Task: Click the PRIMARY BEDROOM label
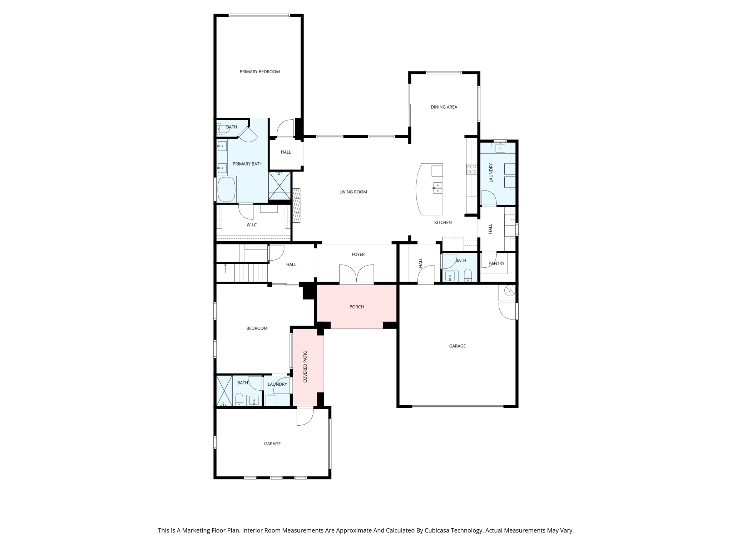[259, 72]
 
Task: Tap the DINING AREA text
[444, 107]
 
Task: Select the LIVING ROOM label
[353, 192]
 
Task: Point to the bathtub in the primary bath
[226, 189]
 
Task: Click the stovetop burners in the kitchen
[471, 169]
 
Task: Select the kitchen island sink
[437, 188]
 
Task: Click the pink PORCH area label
[356, 307]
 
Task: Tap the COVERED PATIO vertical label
[305, 366]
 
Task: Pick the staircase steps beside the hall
[251, 273]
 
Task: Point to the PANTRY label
[496, 263]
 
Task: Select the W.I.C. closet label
[252, 225]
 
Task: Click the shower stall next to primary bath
[279, 186]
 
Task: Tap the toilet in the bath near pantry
[468, 275]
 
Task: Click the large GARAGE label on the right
[457, 346]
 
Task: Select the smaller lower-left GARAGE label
[272, 444]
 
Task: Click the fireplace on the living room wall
[296, 206]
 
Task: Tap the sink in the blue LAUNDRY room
[500, 148]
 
